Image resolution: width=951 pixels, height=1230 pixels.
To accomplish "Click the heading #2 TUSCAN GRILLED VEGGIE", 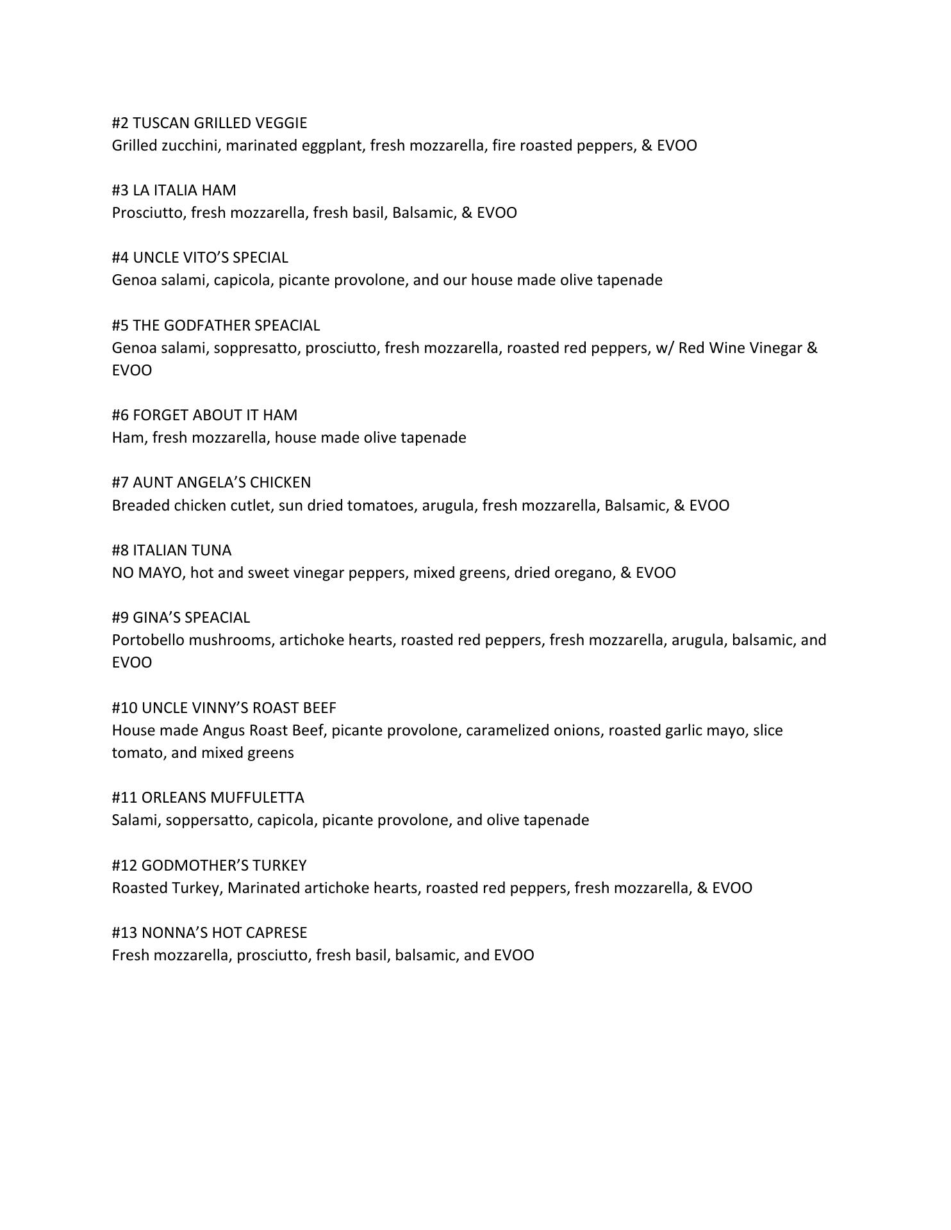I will point(209,123).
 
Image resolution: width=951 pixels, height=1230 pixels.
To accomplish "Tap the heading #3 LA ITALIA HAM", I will point(174,190).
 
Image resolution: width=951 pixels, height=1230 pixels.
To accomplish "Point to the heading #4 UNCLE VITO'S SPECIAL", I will point(200,258).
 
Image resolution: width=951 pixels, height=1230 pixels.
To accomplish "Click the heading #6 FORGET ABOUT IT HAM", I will point(204,415).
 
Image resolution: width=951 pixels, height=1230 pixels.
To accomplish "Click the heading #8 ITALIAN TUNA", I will point(172,550).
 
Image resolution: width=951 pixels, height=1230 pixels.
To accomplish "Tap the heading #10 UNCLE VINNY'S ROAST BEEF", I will point(224,708).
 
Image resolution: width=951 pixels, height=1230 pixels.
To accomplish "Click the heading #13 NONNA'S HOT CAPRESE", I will point(209,933).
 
